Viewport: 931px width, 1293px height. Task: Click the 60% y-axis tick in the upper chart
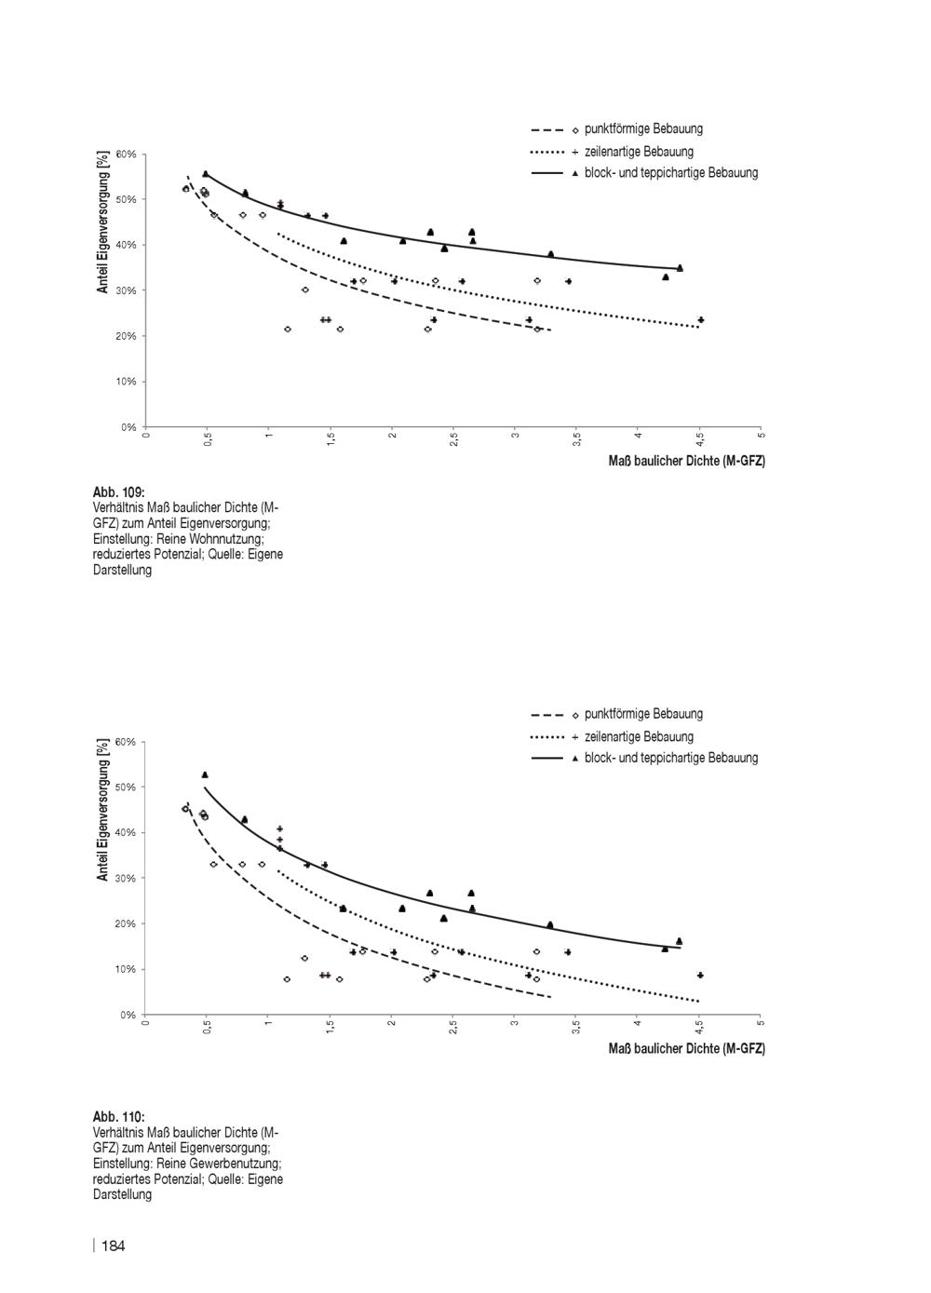tap(126, 155)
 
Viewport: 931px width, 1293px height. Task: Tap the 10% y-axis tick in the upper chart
tap(126, 382)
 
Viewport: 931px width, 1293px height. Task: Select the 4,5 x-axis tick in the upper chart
tap(700, 439)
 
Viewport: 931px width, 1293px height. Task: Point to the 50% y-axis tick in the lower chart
tap(126, 788)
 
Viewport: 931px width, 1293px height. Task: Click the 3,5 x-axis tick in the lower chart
tap(576, 1027)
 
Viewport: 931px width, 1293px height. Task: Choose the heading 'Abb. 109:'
tap(119, 492)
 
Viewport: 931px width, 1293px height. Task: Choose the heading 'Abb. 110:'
tap(119, 1117)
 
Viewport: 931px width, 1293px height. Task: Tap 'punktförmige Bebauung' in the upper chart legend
tap(643, 128)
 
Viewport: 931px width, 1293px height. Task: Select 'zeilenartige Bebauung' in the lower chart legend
tap(639, 736)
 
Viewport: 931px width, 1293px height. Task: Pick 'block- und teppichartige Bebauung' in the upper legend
tap(671, 172)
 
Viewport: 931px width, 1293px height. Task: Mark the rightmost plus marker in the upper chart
tap(701, 320)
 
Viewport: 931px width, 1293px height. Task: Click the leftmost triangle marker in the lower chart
tap(205, 774)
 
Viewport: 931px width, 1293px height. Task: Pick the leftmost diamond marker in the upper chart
tap(186, 189)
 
